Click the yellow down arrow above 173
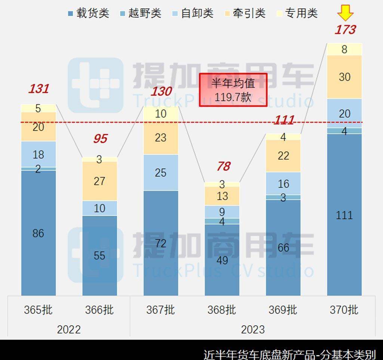click(x=345, y=14)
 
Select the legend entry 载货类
click(x=88, y=13)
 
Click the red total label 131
click(x=39, y=89)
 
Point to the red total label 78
click(x=223, y=166)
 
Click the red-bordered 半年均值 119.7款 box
click(x=233, y=90)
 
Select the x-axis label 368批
click(x=222, y=310)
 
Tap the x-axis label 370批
click(x=344, y=310)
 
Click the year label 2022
click(x=69, y=329)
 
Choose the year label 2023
click(x=252, y=329)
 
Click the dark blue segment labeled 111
click(x=344, y=215)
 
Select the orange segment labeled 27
click(x=99, y=181)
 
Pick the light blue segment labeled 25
click(x=161, y=173)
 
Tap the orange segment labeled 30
click(x=344, y=77)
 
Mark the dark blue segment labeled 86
click(x=39, y=233)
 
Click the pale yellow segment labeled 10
click(x=161, y=114)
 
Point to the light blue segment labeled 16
click(x=284, y=183)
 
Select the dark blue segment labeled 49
click(x=222, y=260)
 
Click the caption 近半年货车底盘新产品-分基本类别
click(x=289, y=354)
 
